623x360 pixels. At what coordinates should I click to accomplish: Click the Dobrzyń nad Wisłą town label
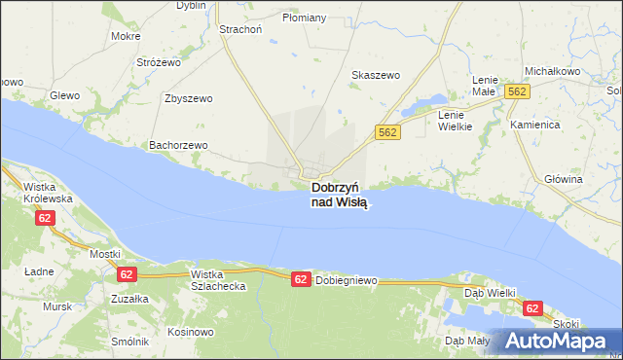point(340,195)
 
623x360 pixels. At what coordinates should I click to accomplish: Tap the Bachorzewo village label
point(178,145)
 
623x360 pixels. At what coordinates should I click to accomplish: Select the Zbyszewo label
point(189,98)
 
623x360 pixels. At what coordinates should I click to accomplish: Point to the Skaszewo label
point(375,75)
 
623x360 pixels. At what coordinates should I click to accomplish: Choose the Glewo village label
point(64,94)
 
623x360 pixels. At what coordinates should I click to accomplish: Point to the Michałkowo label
point(552,72)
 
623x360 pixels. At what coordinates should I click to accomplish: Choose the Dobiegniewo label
point(346,281)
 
